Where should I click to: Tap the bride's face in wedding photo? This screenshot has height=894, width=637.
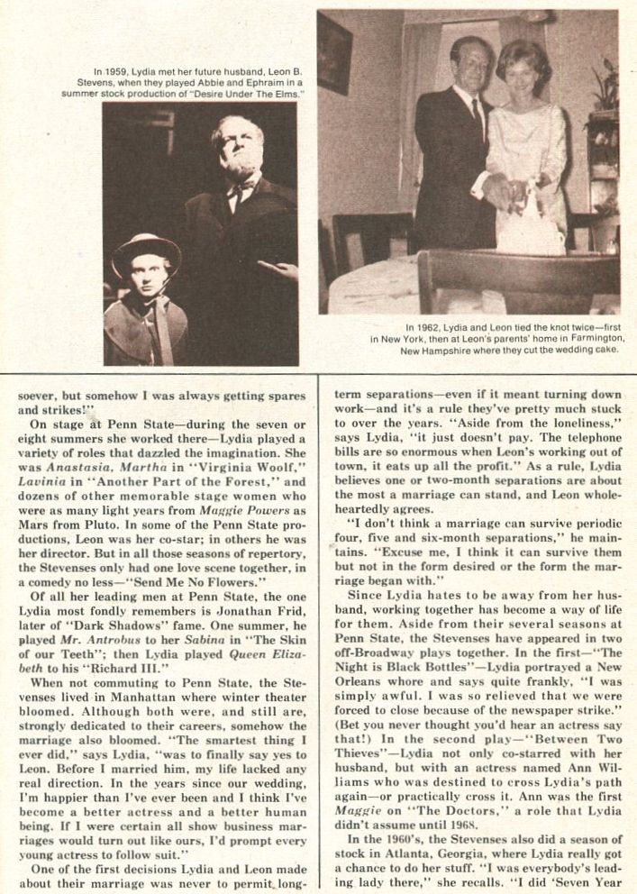[523, 74]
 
